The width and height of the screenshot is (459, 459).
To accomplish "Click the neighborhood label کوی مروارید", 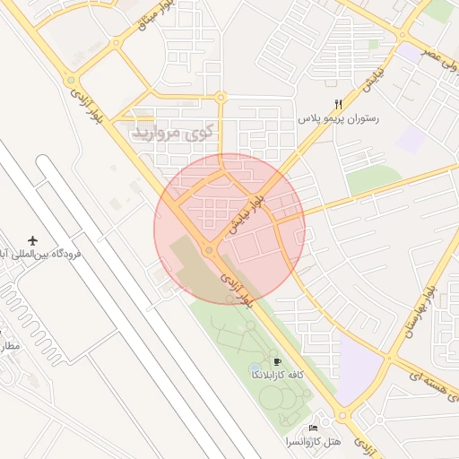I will coord(173,133).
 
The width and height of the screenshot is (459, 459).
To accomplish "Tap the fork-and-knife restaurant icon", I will coord(338,104).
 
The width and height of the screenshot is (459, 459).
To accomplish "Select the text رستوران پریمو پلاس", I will coord(340,118).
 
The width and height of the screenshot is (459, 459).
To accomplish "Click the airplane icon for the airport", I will coord(34,241).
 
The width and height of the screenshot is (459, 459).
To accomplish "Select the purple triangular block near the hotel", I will coord(359,368).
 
